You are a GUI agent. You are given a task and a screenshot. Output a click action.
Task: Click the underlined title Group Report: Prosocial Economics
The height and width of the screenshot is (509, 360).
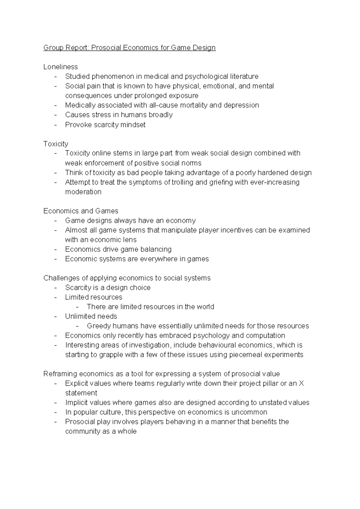pyautogui.click(x=129, y=48)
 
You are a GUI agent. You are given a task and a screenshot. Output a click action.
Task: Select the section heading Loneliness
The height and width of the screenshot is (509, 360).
pyautogui.click(x=60, y=67)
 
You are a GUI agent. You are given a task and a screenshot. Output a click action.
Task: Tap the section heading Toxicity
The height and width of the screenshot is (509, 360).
pyautogui.click(x=55, y=144)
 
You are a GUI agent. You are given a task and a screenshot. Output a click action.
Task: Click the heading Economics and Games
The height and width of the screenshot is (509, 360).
pyautogui.click(x=81, y=211)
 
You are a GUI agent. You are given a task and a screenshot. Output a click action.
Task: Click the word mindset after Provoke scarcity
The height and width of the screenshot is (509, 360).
pyautogui.click(x=133, y=125)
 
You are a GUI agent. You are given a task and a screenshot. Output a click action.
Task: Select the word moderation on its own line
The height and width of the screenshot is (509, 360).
pyautogui.click(x=83, y=192)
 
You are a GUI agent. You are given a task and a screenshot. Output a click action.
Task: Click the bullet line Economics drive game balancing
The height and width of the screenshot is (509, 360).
pyautogui.click(x=118, y=249)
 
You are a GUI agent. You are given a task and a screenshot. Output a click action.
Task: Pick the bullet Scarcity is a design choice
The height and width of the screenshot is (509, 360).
pyautogui.click(x=108, y=288)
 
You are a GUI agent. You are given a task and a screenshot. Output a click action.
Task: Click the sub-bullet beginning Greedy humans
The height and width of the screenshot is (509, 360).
pyautogui.click(x=198, y=326)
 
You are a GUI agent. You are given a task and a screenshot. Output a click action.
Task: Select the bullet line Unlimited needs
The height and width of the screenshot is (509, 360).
pyautogui.click(x=91, y=316)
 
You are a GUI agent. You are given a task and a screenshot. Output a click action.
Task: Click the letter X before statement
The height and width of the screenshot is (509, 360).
pyautogui.click(x=301, y=384)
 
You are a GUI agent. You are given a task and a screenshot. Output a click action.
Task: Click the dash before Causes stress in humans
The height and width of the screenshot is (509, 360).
pyautogui.click(x=55, y=115)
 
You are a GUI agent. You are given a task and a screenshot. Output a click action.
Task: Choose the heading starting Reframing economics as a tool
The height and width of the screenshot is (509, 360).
pyautogui.click(x=161, y=374)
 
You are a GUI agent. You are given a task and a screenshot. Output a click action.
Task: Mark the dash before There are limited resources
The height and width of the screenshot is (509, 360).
pyautogui.click(x=77, y=307)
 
